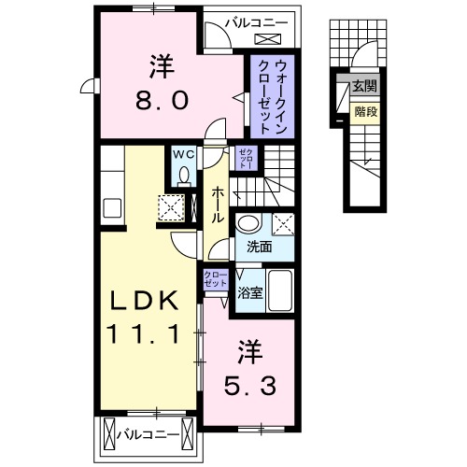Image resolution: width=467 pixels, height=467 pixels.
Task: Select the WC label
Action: [x=183, y=155]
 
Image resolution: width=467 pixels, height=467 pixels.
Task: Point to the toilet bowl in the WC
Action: [x=183, y=175]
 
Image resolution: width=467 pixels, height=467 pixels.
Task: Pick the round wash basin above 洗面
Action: [x=248, y=224]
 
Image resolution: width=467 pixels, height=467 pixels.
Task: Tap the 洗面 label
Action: [x=260, y=248]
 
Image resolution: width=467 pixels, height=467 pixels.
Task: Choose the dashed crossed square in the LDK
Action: [x=172, y=205]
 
